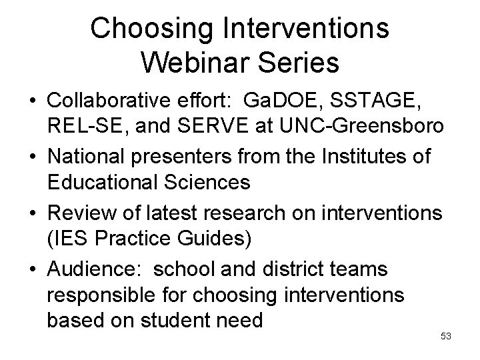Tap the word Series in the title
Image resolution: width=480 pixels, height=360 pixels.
pos(302,63)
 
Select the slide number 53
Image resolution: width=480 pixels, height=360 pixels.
pos(446,336)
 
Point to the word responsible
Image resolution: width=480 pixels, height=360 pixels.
pos(99,293)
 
